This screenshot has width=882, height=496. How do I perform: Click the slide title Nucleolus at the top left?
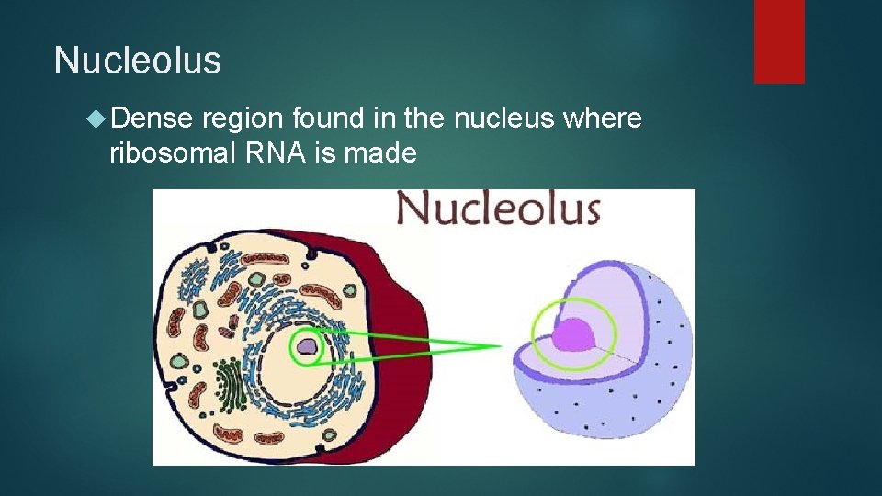click(138, 61)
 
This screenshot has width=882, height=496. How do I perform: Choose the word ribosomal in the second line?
click(172, 153)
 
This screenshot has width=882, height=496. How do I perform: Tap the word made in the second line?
click(379, 153)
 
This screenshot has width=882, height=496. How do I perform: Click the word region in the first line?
click(243, 118)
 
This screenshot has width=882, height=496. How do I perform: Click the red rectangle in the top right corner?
click(779, 41)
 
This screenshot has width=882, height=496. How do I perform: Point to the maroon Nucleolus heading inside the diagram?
click(498, 209)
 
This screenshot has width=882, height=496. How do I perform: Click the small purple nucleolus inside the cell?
click(307, 348)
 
